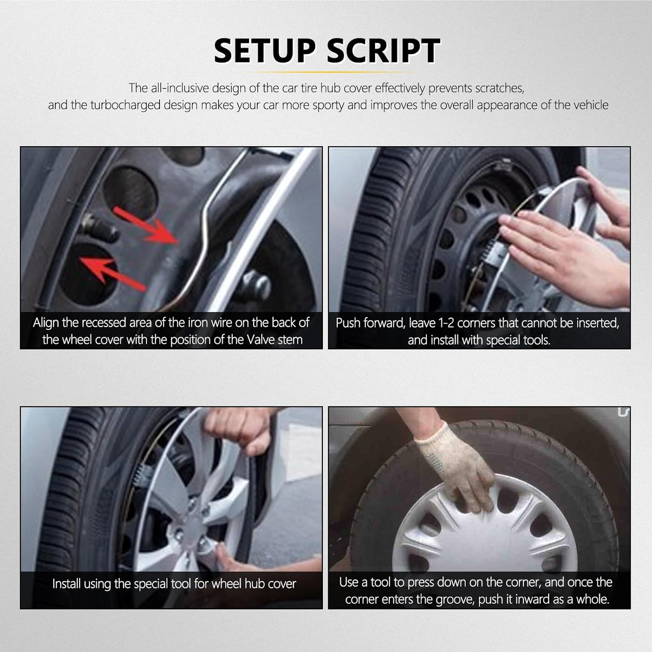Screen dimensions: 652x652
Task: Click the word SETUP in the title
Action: tap(265, 50)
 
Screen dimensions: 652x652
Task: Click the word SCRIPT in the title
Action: tap(383, 50)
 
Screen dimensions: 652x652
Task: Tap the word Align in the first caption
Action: tap(46, 323)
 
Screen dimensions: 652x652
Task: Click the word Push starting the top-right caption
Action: tap(348, 323)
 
